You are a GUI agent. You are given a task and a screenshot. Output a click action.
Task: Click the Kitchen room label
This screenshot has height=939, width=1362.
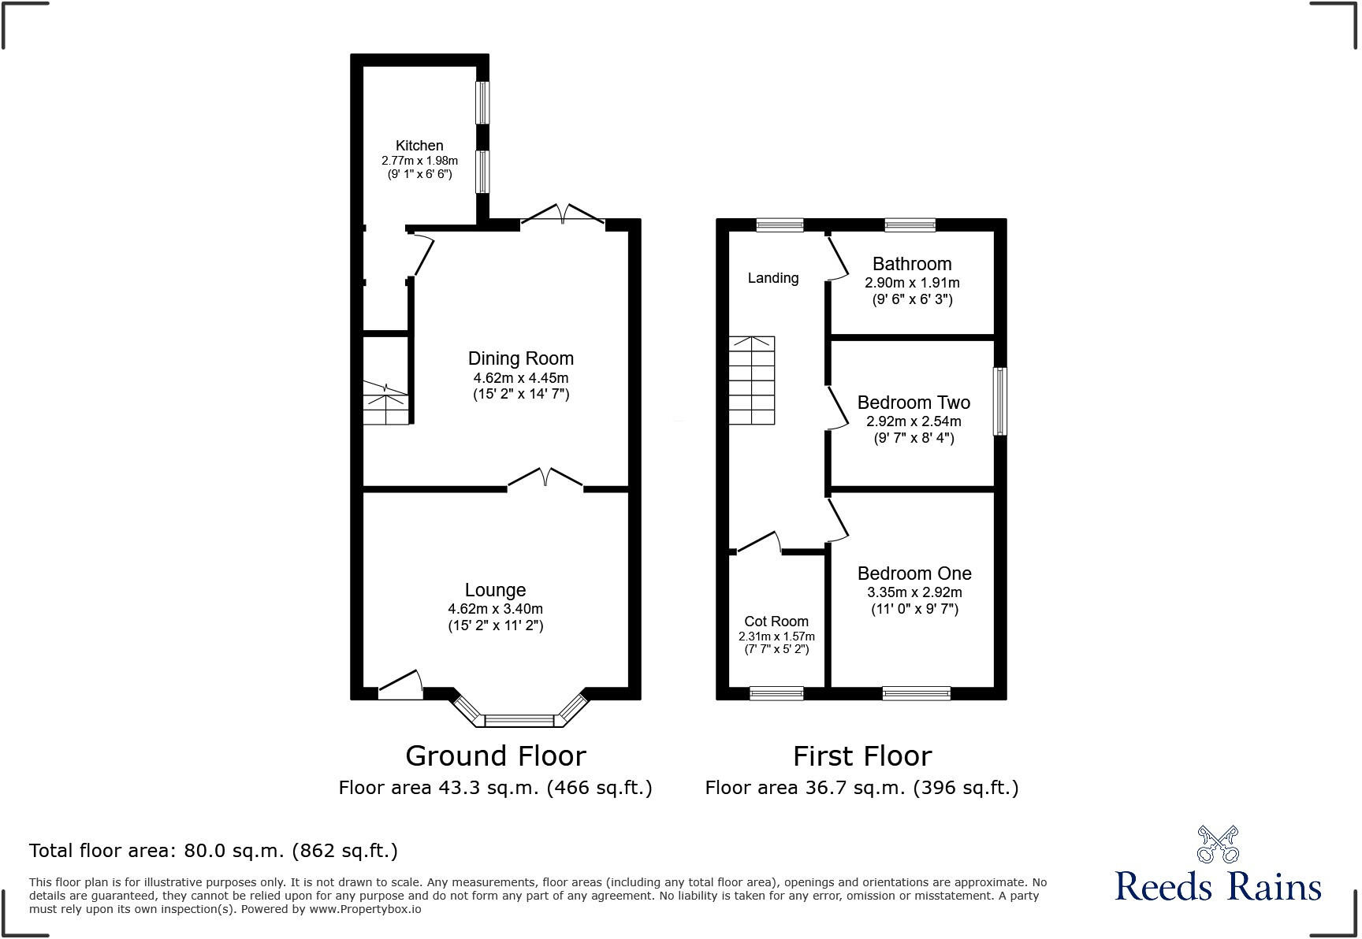coord(419,146)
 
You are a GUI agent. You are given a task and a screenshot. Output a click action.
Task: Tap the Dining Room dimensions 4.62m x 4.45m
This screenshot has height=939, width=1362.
coord(520,378)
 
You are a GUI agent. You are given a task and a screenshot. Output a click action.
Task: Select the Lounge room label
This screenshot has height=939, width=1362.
coord(495,590)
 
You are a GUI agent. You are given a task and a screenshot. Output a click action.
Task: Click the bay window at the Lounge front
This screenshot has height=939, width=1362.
coord(519,719)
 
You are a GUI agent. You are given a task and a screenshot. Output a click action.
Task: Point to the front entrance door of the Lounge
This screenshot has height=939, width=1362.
coord(400,686)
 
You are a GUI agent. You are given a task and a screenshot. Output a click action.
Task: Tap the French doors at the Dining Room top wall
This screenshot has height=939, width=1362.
coord(562,215)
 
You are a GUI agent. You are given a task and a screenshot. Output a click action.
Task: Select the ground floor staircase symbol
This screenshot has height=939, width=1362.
coord(385,404)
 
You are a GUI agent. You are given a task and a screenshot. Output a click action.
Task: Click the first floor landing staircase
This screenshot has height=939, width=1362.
coord(751,380)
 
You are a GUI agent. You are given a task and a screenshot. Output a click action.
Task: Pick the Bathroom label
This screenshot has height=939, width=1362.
coord(912,264)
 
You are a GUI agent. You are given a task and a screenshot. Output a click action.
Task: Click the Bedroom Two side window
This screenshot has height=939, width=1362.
coord(999,401)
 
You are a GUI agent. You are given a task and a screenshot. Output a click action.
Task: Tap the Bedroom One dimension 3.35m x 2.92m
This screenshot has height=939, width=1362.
coord(914,592)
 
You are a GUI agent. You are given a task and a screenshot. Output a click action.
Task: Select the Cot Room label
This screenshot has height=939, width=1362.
coord(776,622)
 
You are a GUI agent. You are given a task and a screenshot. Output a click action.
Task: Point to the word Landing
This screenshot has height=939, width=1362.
coord(772,278)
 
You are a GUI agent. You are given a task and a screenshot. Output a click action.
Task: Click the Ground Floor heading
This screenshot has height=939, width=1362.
coord(495,756)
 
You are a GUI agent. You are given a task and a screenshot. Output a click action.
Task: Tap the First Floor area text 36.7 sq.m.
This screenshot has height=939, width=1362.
coord(861,788)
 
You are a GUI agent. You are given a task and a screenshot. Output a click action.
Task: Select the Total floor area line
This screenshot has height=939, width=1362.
coord(213,851)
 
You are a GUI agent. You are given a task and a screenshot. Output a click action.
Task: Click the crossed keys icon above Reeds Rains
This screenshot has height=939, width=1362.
coord(1218,844)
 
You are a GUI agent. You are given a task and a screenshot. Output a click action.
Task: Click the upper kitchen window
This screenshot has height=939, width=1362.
coord(482,102)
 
